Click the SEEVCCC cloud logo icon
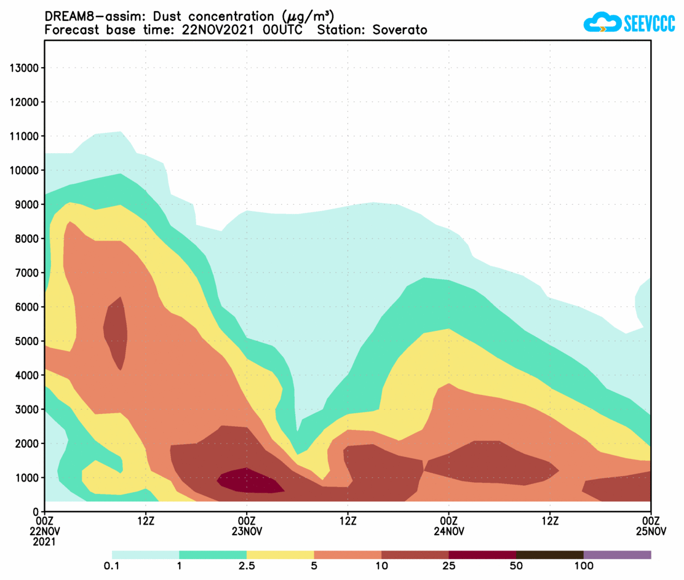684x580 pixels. click(601, 23)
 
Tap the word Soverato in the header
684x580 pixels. click(400, 30)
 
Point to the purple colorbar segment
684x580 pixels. click(617, 555)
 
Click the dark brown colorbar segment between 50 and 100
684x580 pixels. click(549, 555)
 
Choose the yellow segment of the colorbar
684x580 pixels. click(280, 555)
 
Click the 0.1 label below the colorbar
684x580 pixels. click(112, 566)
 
